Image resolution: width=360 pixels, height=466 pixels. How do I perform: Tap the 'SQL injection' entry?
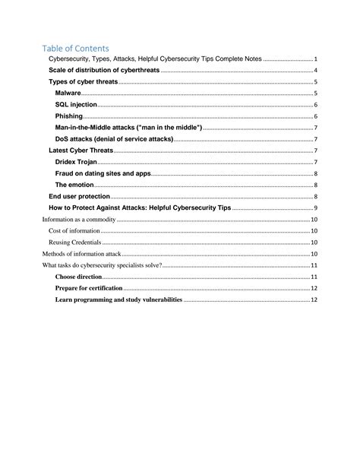pyautogui.click(x=76, y=104)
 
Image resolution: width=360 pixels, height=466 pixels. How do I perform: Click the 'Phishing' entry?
pyautogui.click(x=68, y=116)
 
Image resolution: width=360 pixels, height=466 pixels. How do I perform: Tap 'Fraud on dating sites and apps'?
pyautogui.click(x=103, y=173)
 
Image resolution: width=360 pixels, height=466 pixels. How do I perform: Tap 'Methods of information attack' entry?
pyautogui.click(x=81, y=254)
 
